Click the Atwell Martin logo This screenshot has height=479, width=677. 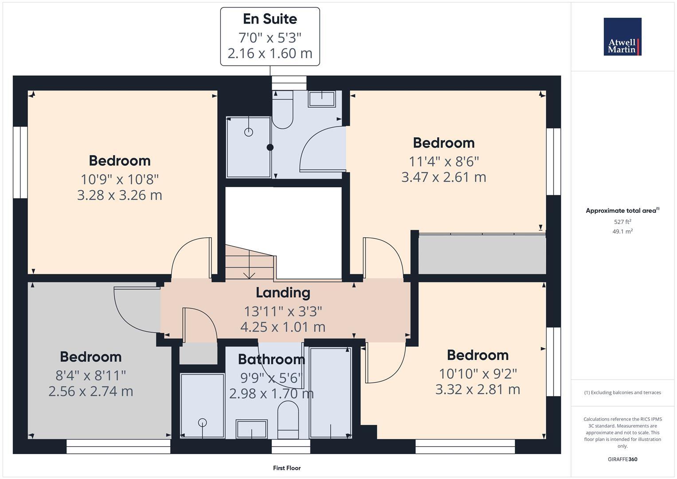(x=622, y=37)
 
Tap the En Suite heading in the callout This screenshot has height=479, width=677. (x=270, y=19)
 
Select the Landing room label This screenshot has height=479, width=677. (x=283, y=293)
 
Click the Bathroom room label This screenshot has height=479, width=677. (x=271, y=359)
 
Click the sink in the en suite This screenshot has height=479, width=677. (x=322, y=98)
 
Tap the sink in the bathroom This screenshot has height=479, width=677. (x=251, y=428)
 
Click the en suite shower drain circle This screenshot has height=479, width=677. (x=249, y=132)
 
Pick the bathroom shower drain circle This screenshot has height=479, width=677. (x=203, y=423)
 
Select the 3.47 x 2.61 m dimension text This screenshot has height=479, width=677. (x=443, y=177)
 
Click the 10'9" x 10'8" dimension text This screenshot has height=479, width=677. (x=120, y=179)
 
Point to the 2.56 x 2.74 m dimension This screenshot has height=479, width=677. (x=91, y=391)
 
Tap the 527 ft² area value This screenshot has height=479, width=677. (x=622, y=222)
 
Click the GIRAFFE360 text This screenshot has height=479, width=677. (x=622, y=459)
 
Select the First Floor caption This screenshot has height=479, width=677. (x=287, y=468)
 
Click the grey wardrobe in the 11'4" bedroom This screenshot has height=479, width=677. (x=482, y=255)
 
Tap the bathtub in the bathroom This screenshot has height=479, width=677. (x=330, y=393)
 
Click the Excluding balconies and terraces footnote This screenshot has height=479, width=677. (x=622, y=393)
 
